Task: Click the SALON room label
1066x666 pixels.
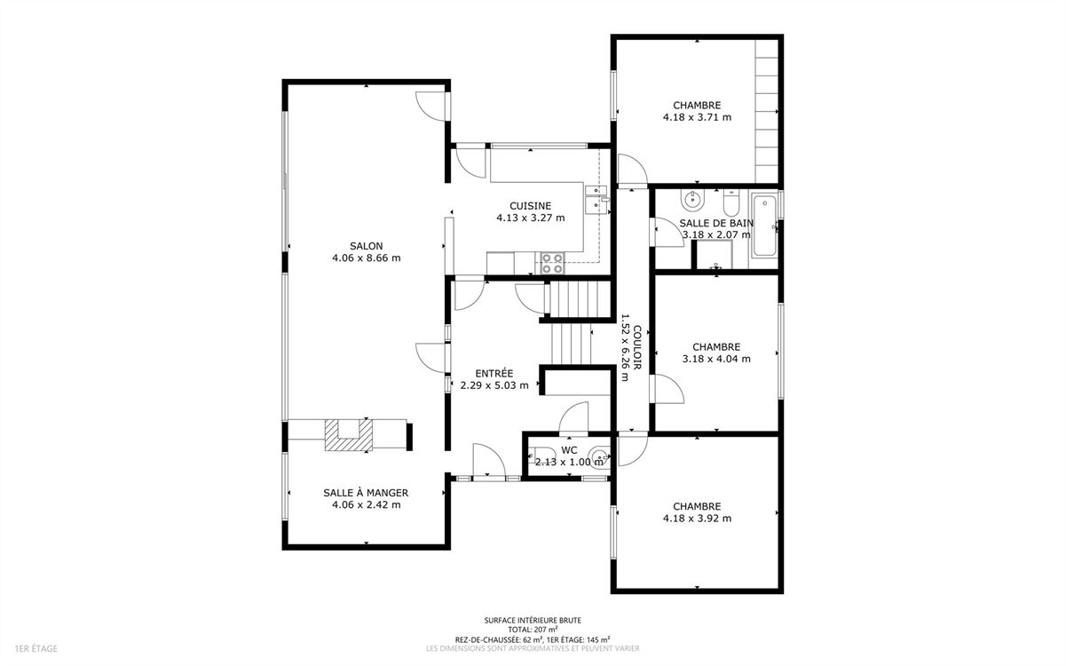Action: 366,246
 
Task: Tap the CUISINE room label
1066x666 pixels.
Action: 530,206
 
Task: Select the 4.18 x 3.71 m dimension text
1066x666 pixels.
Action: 697,117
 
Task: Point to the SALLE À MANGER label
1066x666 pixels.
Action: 366,493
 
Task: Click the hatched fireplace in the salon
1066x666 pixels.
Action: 348,434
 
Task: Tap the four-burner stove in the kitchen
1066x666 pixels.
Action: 552,263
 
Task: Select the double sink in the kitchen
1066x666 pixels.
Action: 596,201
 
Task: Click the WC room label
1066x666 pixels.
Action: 569,450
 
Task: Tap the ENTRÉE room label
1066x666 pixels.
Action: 494,374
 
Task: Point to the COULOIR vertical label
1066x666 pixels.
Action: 636,347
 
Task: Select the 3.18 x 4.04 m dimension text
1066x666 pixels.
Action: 716,359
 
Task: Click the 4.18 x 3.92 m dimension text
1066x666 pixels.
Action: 697,519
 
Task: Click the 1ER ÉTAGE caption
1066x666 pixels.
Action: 36,648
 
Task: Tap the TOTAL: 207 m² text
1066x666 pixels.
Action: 533,630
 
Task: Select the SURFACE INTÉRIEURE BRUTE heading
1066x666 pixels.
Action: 533,621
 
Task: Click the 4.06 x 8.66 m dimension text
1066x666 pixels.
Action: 366,258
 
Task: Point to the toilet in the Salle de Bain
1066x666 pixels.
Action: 730,202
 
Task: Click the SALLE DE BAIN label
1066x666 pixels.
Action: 716,223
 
